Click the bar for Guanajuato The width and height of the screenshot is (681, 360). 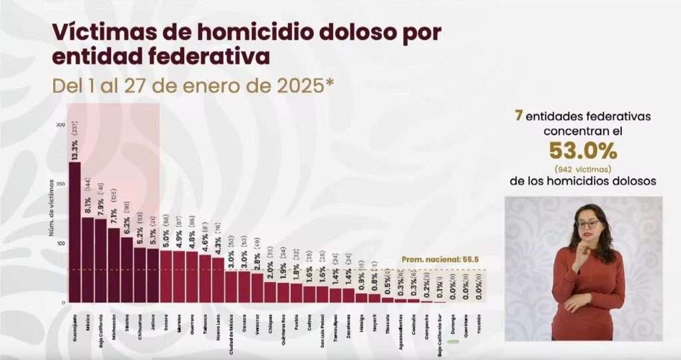[x=74, y=233]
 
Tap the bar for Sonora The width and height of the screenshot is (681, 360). [x=166, y=276]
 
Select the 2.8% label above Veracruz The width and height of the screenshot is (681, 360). [x=257, y=259]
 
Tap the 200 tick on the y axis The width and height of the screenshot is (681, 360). [x=61, y=184]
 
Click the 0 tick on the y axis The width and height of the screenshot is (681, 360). [x=63, y=303]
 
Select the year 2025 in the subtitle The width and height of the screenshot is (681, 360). [x=293, y=85]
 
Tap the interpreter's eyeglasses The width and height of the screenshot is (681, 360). [x=587, y=224]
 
